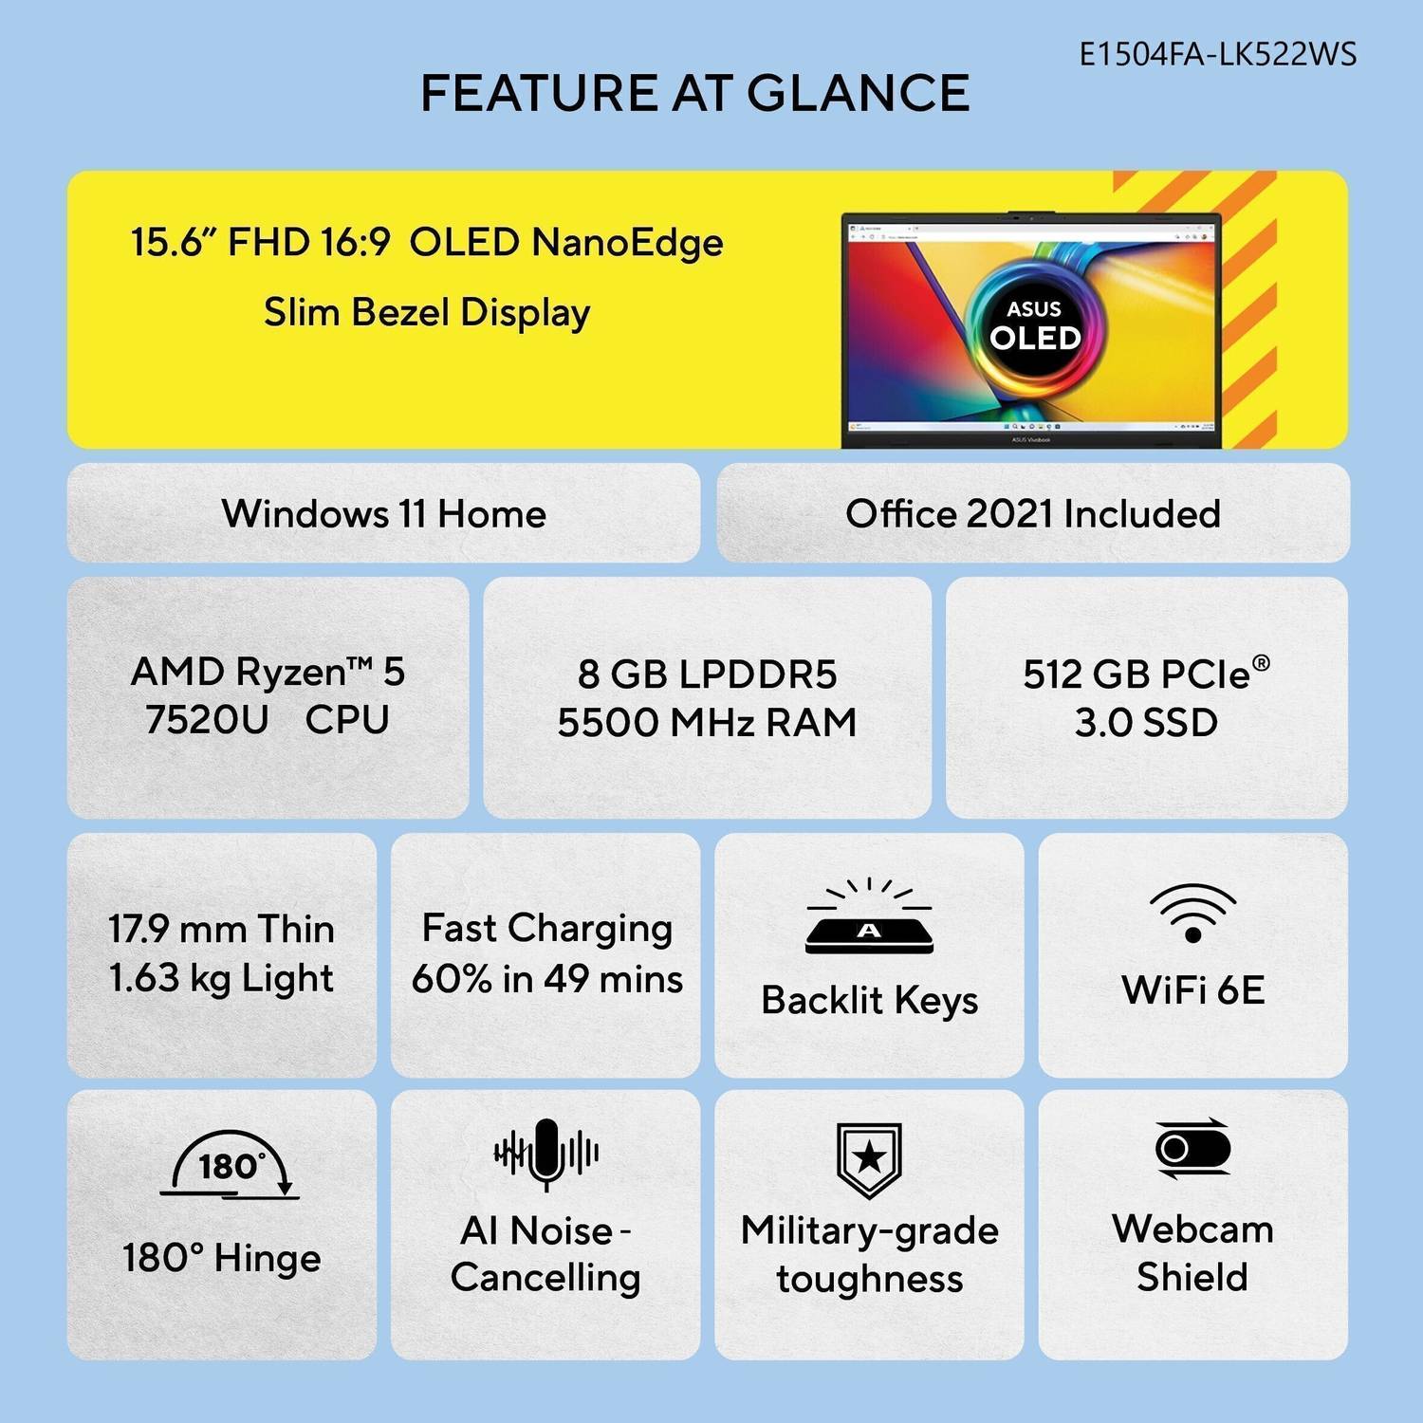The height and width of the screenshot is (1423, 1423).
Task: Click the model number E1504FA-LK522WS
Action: click(x=1218, y=54)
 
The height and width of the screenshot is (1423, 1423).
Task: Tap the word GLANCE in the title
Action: click(x=859, y=93)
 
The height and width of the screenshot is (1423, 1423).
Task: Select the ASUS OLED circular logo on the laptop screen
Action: click(x=1034, y=324)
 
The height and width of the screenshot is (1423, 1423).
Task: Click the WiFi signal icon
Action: click(x=1192, y=913)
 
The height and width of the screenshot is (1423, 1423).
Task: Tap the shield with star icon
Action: click(x=869, y=1159)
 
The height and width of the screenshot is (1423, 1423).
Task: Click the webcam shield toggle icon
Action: click(x=1192, y=1149)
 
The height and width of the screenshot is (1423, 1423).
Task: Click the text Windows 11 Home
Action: click(x=384, y=513)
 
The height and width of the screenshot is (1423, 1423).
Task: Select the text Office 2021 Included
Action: click(x=1033, y=513)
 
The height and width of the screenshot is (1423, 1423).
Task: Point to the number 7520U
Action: click(x=207, y=719)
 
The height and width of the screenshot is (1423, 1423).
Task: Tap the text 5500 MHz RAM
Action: click(x=707, y=722)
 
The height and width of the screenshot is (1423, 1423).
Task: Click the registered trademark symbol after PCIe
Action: click(x=1261, y=662)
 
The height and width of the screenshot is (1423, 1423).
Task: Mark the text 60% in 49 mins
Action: click(x=547, y=978)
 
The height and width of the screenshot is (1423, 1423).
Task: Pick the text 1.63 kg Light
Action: click(x=221, y=978)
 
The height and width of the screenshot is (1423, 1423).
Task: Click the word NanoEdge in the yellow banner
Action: click(x=627, y=243)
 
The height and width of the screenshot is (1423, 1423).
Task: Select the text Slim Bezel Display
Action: click(x=427, y=312)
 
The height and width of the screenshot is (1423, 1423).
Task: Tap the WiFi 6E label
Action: click(x=1192, y=989)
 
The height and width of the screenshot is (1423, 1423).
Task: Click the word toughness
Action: click(x=869, y=1279)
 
